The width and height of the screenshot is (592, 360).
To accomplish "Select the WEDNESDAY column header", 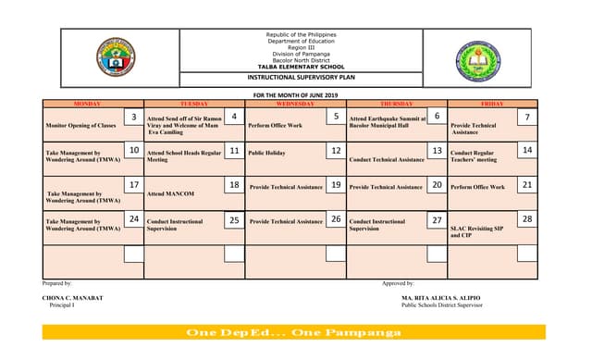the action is point(295,104).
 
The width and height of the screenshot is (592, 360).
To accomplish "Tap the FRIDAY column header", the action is point(492,104).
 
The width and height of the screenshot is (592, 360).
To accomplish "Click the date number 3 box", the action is point(134,118).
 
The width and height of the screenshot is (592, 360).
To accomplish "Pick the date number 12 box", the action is point(336,150).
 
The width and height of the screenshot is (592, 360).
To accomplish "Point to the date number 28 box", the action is point(526,219).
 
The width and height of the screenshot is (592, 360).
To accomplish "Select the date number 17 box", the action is point(134,185).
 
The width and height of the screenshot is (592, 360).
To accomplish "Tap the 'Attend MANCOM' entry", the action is point(170,194).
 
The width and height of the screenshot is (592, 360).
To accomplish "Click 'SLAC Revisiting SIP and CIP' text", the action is point(476,231).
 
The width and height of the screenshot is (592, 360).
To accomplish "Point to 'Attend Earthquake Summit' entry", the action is point(388,121).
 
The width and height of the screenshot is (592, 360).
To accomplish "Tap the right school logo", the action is point(478,57).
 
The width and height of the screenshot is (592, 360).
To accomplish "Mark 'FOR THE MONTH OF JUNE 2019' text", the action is point(296,95).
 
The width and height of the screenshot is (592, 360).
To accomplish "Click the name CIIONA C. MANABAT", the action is point(73,297).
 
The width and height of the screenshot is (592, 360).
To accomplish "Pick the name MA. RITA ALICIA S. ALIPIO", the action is point(442,297).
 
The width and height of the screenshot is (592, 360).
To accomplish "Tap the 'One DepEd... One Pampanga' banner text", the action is point(293,332).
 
